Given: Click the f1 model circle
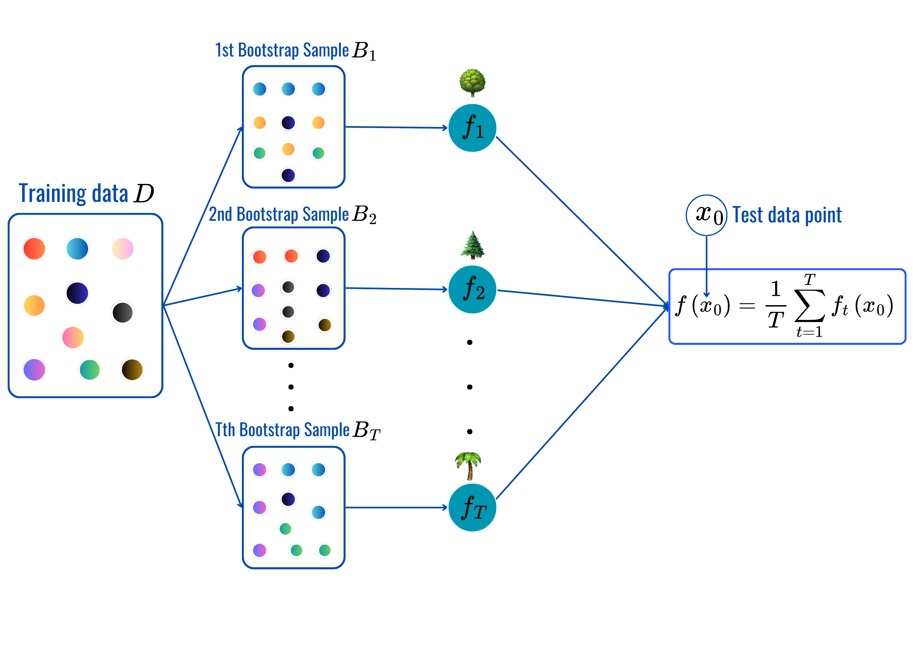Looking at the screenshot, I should click(472, 128).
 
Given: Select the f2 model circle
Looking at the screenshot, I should click(472, 290).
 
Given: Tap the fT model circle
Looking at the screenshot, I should click(472, 507).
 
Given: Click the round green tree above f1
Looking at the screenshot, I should click(472, 82).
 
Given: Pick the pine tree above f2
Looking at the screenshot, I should click(472, 245).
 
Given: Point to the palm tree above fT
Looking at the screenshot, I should click(469, 465).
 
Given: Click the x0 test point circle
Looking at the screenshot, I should click(707, 215).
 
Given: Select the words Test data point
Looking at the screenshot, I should click(787, 215).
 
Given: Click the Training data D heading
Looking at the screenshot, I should click(86, 193).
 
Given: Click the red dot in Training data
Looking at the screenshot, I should click(34, 249).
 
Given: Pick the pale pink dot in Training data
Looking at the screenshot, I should click(123, 249).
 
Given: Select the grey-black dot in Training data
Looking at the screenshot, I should click(122, 313).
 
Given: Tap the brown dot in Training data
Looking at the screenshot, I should click(132, 369).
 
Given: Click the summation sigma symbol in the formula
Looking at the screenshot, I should click(809, 306).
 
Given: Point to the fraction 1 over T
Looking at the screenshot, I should click(775, 304).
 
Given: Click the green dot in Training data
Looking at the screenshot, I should click(90, 369).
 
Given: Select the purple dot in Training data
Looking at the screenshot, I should click(34, 369).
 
